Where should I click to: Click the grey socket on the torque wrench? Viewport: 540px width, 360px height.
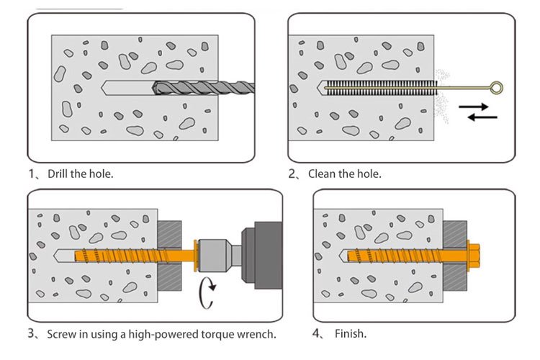[220, 254]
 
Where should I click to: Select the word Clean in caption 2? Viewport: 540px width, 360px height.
[322, 174]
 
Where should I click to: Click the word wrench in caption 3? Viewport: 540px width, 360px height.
[257, 334]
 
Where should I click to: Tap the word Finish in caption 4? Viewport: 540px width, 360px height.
[350, 334]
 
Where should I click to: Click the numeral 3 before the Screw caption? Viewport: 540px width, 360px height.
[32, 334]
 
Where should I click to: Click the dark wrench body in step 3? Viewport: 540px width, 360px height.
[264, 253]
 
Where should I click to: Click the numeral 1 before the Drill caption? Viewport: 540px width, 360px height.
[32, 174]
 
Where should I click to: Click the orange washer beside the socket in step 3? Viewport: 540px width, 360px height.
[194, 254]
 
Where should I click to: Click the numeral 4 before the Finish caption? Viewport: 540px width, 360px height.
[317, 334]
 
